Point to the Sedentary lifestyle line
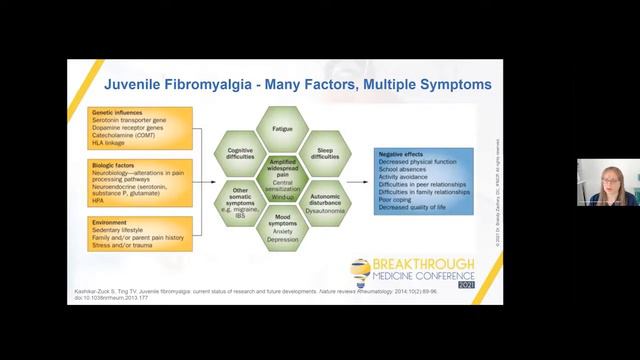pos(121,223)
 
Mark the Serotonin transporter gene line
pos(132,120)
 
